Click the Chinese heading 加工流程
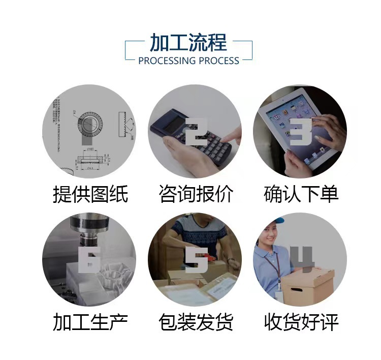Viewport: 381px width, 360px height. coord(188,43)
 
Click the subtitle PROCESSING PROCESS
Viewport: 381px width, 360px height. coord(188,61)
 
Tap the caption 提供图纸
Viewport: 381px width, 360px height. coord(90,195)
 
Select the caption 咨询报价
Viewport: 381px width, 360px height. coord(196,195)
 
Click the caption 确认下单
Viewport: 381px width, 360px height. coord(301,195)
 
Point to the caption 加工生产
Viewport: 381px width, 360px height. coord(90,321)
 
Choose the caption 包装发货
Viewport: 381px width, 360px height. coord(196,321)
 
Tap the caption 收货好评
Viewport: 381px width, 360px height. coord(301,321)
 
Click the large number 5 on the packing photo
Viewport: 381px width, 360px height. coord(196,260)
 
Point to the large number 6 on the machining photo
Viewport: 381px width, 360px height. coord(90,260)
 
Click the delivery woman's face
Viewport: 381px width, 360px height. coord(268,235)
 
